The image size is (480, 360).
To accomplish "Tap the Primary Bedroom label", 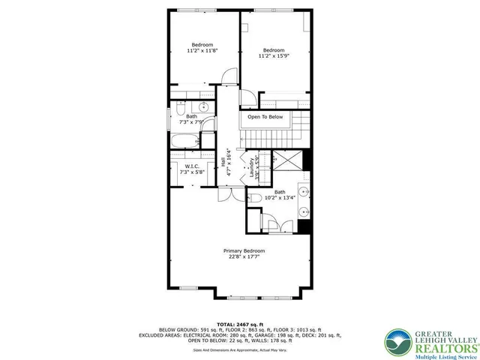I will pos(244,250).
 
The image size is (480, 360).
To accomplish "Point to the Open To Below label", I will pos(265,117).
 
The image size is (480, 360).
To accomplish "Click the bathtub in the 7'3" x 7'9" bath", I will pos(182,141).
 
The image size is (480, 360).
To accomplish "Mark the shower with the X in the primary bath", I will pos(286,160).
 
